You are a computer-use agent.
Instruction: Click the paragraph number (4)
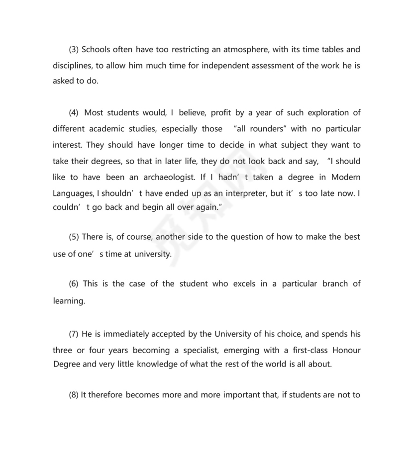click(x=74, y=113)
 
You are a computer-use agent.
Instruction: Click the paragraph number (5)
click(x=74, y=237)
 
